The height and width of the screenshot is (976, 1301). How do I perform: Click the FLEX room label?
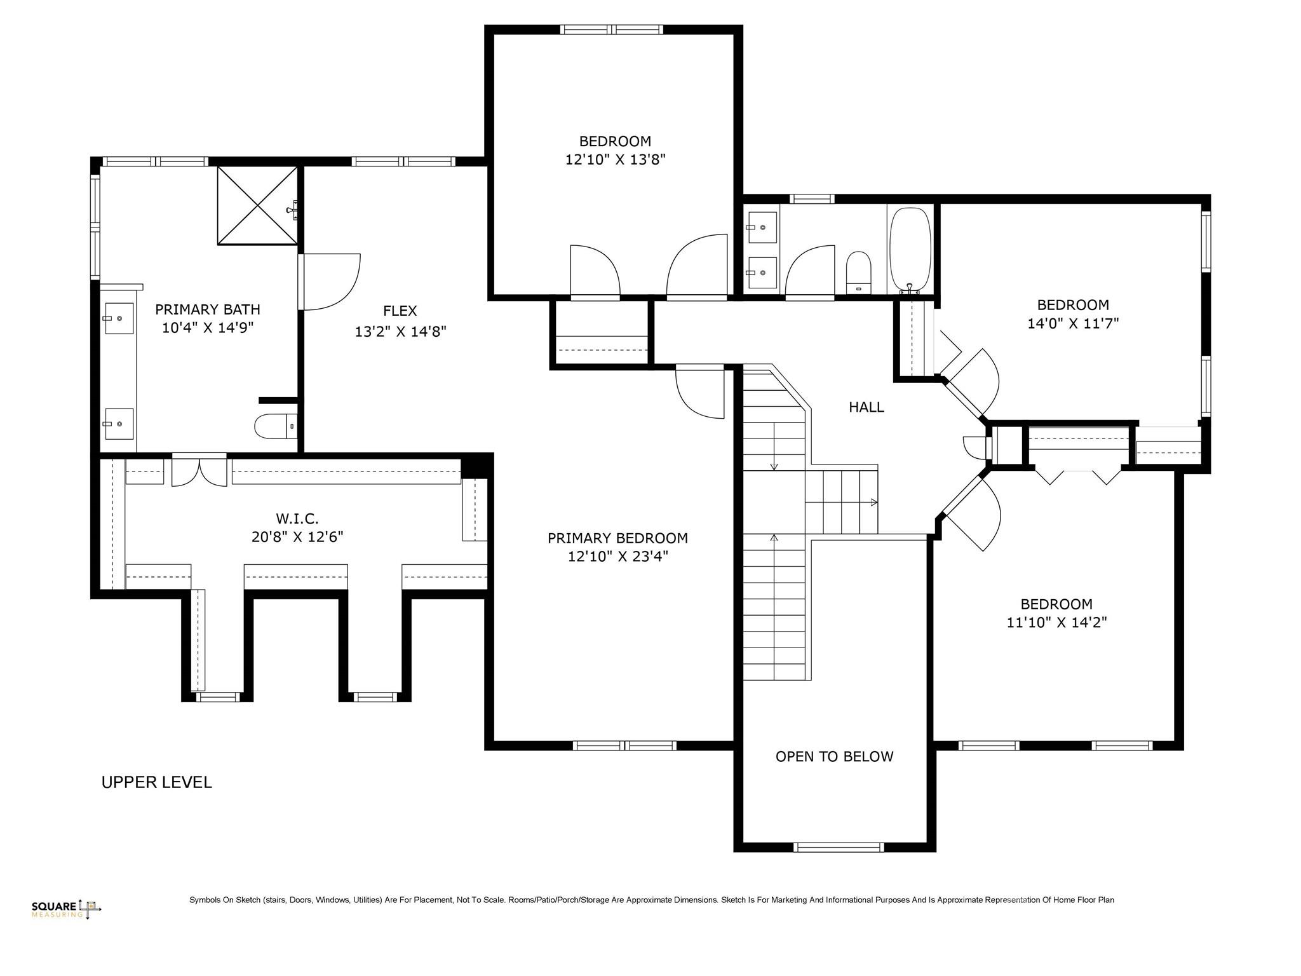tap(400, 311)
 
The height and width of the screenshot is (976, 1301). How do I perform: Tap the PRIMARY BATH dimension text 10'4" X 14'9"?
tap(208, 328)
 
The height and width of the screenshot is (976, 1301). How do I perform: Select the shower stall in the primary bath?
tap(257, 205)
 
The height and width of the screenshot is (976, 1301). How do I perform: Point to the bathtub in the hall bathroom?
tap(910, 250)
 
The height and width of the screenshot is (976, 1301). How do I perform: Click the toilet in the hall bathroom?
tap(858, 273)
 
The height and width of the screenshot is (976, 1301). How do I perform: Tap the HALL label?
tap(866, 407)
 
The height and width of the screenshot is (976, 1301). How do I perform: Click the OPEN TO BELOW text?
tap(834, 756)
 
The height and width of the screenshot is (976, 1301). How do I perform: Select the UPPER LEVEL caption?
tap(156, 782)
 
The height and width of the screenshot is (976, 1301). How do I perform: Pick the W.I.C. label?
tap(297, 518)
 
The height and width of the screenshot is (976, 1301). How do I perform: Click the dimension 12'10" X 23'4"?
tap(617, 557)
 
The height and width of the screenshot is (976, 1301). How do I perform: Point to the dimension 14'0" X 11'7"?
tap(1072, 323)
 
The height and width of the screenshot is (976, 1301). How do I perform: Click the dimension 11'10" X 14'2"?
tap(1056, 622)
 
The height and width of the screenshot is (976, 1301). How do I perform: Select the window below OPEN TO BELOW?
tap(839, 847)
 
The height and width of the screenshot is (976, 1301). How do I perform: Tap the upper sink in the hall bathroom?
tap(762, 227)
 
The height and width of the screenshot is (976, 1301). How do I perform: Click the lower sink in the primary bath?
tap(119, 423)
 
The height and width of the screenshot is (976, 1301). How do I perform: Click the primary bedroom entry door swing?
tap(700, 393)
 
